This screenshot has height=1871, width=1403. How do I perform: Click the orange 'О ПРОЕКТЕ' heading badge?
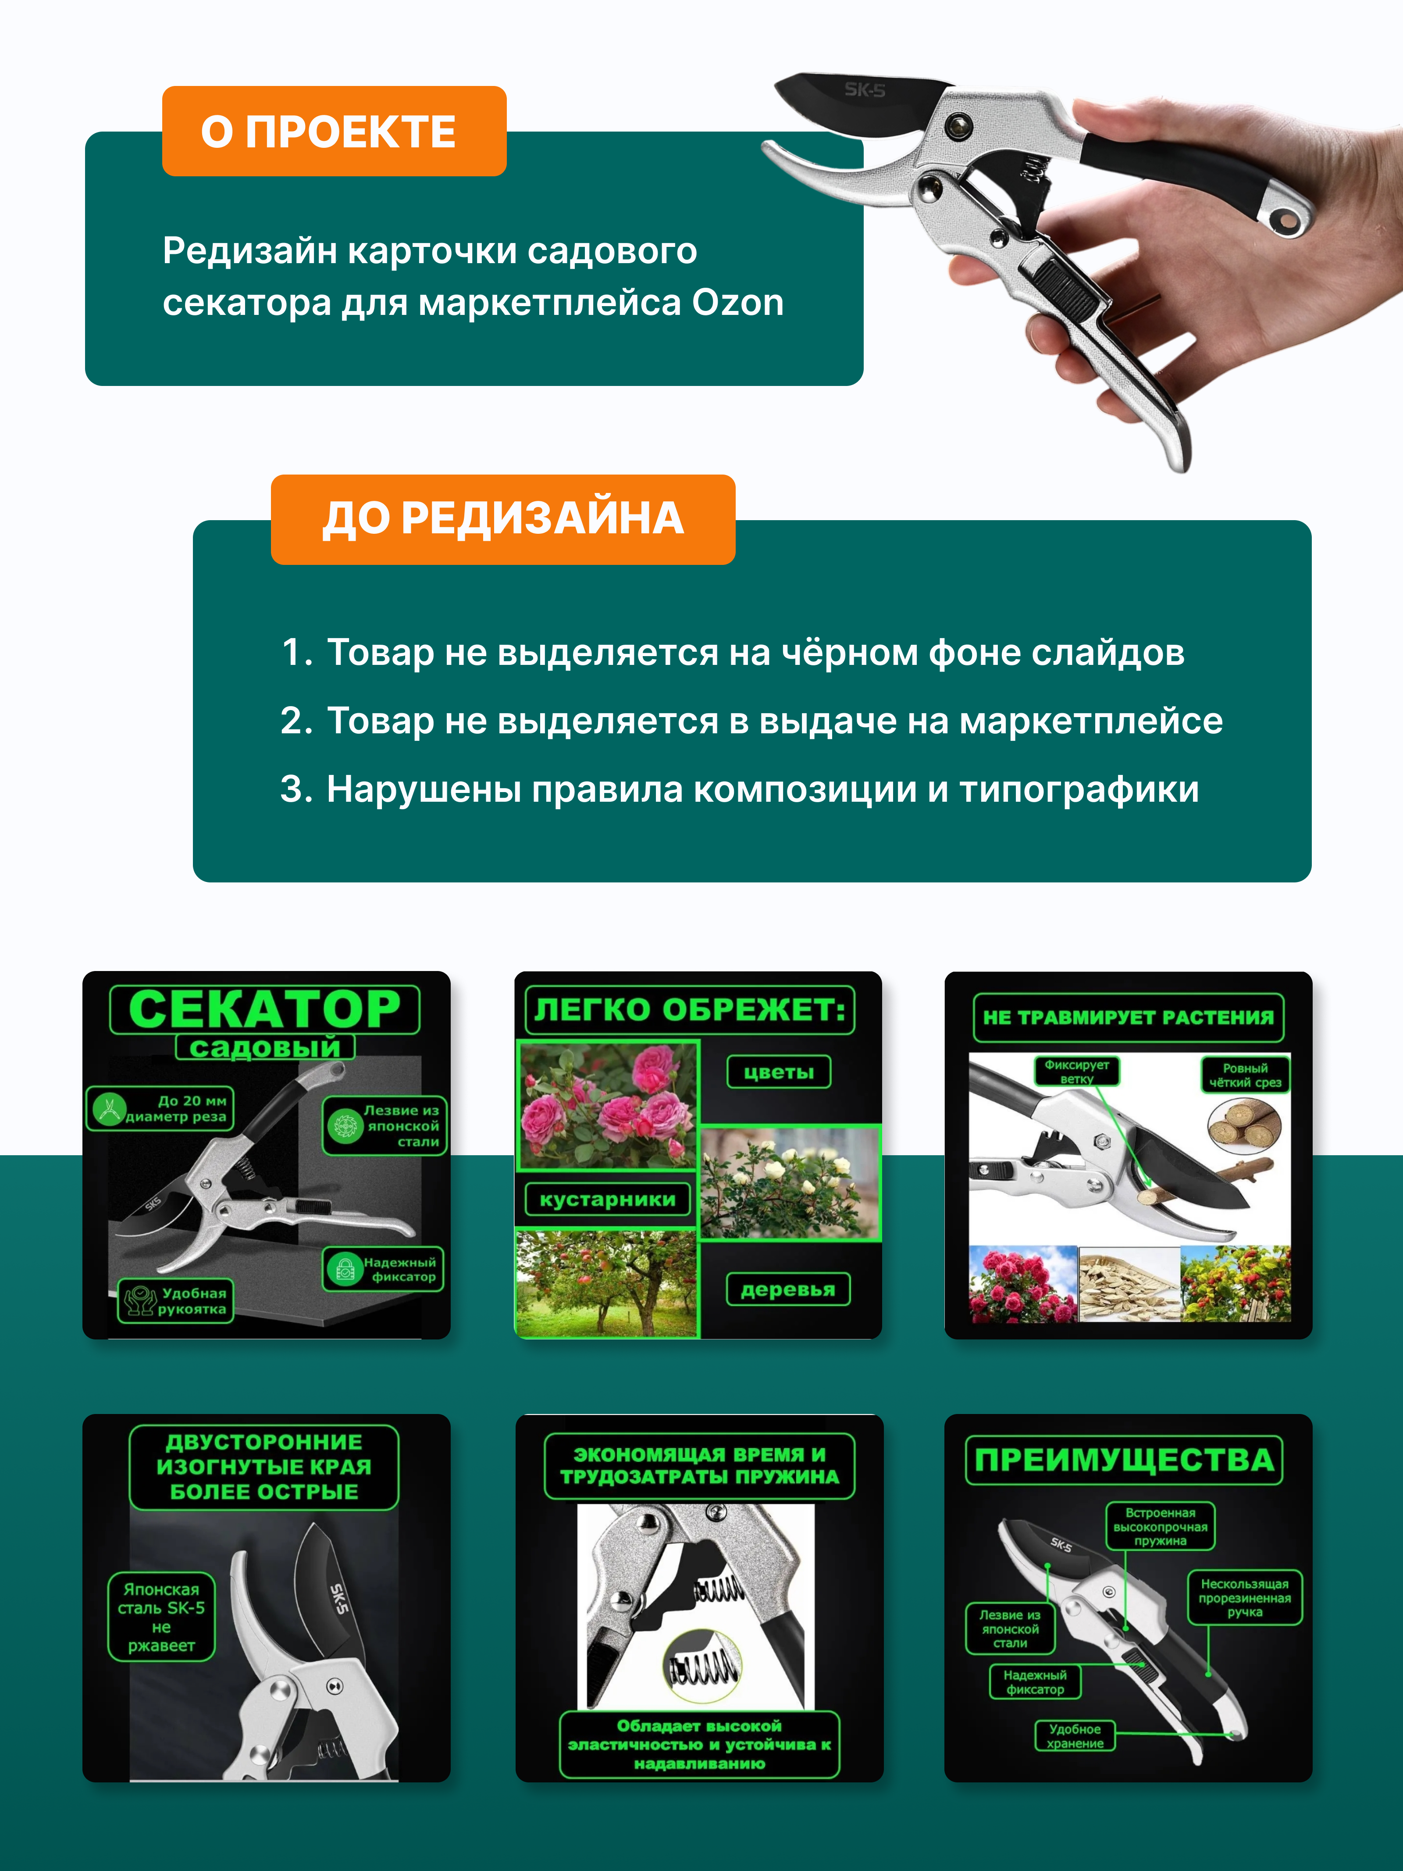334,131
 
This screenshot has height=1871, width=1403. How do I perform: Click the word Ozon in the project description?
737,303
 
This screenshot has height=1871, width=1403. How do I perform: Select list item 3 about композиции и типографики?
740,789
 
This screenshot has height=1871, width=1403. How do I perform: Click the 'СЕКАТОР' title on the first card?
265,1009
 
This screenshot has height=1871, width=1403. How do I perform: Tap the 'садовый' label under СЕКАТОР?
265,1047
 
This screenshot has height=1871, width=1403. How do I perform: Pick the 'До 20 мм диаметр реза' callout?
160,1108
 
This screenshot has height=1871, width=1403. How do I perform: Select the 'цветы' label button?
779,1072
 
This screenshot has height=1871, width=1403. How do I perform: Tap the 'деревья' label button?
788,1289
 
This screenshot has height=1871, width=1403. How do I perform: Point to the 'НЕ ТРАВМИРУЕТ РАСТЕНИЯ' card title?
1128,1018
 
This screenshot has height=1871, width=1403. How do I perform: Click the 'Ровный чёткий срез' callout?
1245,1075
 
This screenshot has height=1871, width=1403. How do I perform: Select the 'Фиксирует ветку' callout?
1076,1071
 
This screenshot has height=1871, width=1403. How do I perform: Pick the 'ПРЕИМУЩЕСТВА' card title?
1124,1460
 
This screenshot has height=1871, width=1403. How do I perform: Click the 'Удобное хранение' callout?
1075,1735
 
